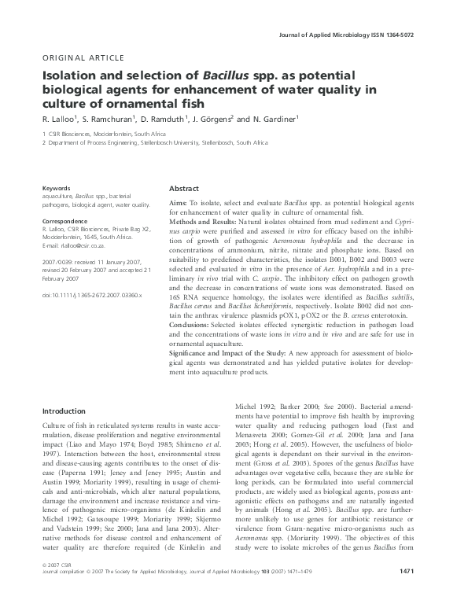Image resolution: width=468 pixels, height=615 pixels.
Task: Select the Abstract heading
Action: tap(185, 189)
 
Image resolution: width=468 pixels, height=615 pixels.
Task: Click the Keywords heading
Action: tap(57, 189)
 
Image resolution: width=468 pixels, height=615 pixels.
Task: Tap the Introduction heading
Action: tap(64, 411)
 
